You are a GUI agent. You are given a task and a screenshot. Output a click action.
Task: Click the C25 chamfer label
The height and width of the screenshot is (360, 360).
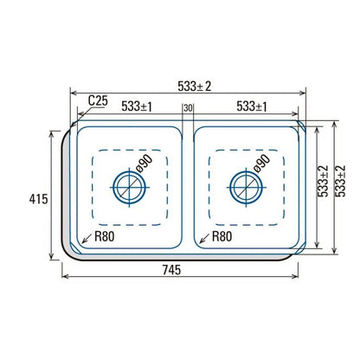tap(98, 101)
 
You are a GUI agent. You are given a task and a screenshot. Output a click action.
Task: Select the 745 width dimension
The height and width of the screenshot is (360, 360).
tap(171, 270)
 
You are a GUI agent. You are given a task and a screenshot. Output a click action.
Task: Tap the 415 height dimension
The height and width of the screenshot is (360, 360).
tap(38, 199)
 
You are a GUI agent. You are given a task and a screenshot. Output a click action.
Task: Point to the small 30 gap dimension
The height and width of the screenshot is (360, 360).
tap(188, 108)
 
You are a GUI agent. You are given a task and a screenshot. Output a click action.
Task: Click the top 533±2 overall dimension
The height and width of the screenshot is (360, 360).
tap(195, 86)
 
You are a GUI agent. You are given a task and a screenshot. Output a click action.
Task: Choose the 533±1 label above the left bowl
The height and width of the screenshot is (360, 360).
tap(137, 106)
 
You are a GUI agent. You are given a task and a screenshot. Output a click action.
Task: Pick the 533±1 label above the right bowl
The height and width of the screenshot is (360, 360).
tap(252, 106)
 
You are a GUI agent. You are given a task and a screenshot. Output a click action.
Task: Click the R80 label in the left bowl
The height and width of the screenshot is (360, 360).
tap(105, 236)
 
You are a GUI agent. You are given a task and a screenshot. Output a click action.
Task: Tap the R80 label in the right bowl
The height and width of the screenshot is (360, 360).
tap(222, 236)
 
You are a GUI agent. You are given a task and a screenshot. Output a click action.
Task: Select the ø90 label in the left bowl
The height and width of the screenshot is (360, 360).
tap(144, 164)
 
